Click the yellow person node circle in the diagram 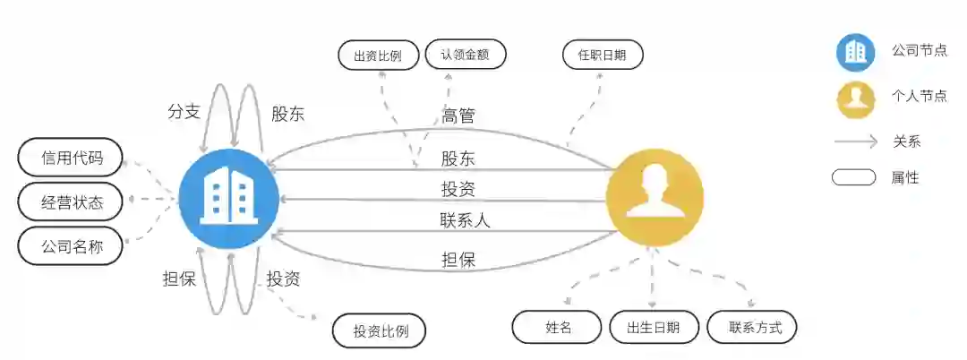655,198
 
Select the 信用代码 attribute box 71,159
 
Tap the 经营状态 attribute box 71,202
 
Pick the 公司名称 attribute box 71,245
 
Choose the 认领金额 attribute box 466,54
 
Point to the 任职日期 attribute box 603,56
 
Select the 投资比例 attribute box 380,331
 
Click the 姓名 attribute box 557,327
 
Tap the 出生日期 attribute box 654,327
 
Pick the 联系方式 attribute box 752,327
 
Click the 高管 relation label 458,116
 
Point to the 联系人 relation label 465,219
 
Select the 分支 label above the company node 184,112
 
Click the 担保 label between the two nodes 458,260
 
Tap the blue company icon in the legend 856,52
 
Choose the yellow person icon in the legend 856,98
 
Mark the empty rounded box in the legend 853,177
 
